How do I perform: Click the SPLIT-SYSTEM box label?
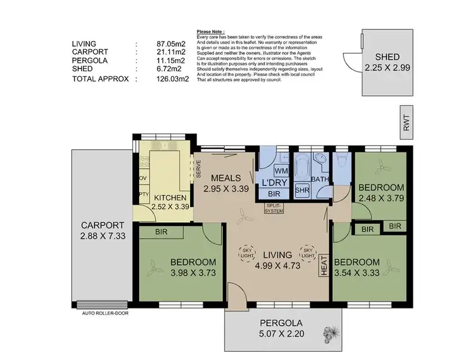click(x=275, y=209)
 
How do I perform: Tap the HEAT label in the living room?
click(x=324, y=264)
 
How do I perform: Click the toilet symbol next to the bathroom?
click(x=340, y=162)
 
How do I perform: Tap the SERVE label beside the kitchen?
click(x=198, y=169)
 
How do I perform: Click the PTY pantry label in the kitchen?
click(x=143, y=194)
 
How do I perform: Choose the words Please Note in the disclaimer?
click(x=211, y=31)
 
